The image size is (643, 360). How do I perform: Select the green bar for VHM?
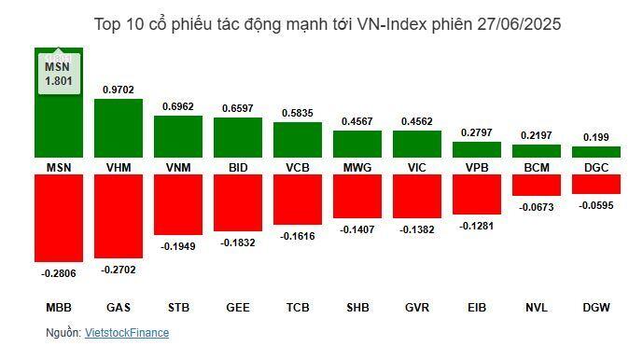pyautogui.click(x=119, y=128)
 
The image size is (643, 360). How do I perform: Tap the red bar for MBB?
pyautogui.click(x=59, y=217)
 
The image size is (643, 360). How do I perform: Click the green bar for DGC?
pyautogui.click(x=596, y=152)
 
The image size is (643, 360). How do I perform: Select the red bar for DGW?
pyautogui.click(x=596, y=184)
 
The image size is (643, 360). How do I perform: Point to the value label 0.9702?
pyautogui.click(x=119, y=90)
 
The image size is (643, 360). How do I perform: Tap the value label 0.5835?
pyautogui.click(x=298, y=112)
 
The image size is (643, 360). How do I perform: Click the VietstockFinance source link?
pyautogui.click(x=127, y=332)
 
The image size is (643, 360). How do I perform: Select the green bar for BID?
pyautogui.click(x=238, y=137)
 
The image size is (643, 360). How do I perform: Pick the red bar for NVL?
pyautogui.click(x=537, y=185)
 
